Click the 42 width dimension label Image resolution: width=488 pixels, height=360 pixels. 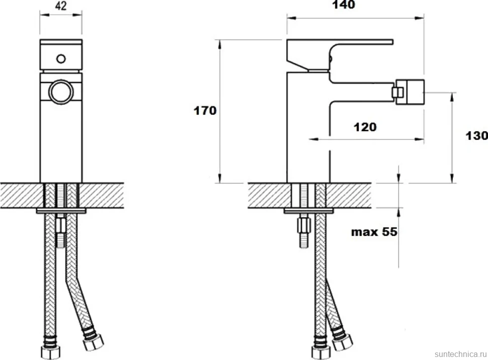pos(61,6)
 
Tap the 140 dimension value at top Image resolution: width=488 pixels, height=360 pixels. pos(344,5)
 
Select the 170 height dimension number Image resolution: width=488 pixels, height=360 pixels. pos(205,111)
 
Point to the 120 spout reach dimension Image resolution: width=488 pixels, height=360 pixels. pos(365,127)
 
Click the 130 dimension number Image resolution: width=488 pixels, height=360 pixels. pos(476,135)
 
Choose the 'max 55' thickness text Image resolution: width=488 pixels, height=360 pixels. pos(374,232)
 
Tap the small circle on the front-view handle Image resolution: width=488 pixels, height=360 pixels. pos(61,58)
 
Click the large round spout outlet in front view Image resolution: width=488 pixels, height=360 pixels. pos(61,92)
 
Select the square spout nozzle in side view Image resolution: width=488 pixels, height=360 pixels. pos(408,92)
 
